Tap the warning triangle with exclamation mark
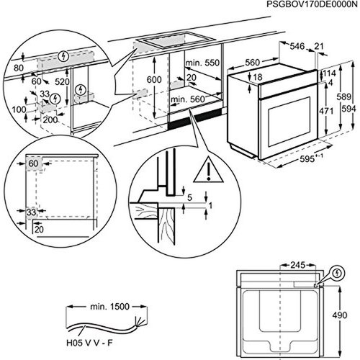209,169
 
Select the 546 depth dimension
297,46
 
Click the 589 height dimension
343,96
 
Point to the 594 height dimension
348,109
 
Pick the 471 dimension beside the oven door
326,111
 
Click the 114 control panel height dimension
329,73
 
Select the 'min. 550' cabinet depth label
202,63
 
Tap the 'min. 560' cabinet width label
188,99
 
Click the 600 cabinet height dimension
154,79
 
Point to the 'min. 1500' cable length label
109,307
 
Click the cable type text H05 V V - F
89,343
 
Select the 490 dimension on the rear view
340,315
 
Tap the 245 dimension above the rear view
297,265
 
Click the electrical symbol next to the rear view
338,274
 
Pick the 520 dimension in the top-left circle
62,82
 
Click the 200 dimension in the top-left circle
50,120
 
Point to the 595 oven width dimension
307,159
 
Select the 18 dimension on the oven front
258,77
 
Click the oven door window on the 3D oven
289,122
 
